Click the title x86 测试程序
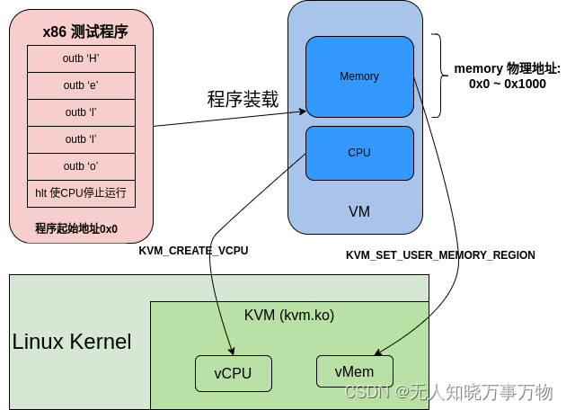85,32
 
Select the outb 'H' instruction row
81,58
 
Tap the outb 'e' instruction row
81,85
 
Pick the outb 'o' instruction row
81,166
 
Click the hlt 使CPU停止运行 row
81,192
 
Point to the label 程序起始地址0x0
76,227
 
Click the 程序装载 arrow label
243,99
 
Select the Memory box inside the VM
359,76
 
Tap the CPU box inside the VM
359,153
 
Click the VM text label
359,212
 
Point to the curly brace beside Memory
437,76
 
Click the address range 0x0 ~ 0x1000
507,84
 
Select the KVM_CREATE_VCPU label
193,251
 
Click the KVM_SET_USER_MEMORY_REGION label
440,255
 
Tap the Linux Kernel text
72,343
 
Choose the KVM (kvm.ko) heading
289,316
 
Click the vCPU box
233,373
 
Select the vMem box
356,371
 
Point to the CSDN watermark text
448,392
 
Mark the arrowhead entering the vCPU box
232,351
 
